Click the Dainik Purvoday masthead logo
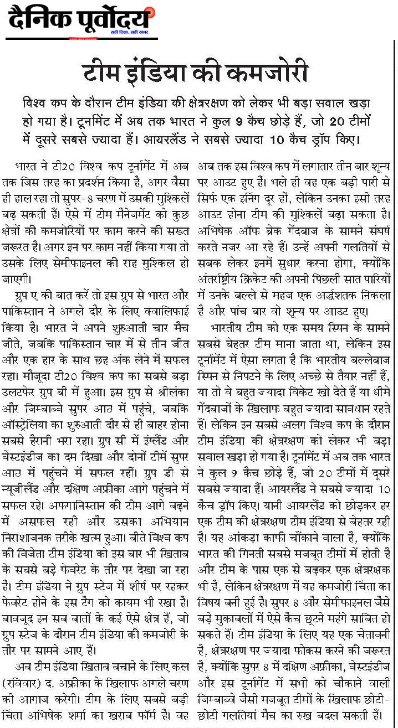coord(80,21)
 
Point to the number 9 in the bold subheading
coord(251,121)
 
